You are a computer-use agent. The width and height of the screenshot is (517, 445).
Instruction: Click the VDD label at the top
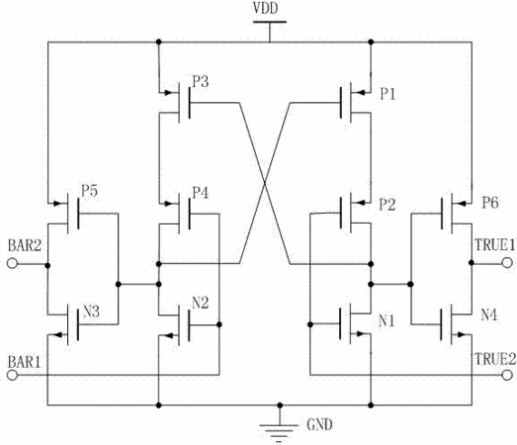266,8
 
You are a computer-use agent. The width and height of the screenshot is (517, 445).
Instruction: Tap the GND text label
319,424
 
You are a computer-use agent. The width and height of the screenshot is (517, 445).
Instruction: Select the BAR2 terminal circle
12,264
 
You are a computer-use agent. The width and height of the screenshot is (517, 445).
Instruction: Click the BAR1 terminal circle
12,375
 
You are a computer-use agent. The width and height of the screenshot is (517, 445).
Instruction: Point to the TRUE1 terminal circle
507,263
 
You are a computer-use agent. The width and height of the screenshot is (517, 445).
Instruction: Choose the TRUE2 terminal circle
507,375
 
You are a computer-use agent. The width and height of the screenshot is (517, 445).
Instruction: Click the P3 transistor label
201,81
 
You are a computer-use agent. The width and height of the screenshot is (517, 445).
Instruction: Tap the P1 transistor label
388,94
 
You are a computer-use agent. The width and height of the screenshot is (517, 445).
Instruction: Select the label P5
89,191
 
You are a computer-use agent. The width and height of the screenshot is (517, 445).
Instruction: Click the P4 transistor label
201,193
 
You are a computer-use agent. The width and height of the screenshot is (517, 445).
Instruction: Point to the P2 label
388,205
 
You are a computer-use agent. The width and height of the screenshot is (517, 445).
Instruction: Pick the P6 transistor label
490,203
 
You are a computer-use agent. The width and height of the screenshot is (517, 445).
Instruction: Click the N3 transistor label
91,311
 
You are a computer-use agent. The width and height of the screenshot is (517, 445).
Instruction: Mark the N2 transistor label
201,303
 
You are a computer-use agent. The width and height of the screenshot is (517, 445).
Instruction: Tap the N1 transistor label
387,320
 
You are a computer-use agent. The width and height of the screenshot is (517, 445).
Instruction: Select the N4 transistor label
489,314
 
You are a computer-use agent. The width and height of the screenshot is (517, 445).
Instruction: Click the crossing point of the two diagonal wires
265,183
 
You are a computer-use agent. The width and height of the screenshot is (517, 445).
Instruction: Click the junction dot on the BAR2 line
47,266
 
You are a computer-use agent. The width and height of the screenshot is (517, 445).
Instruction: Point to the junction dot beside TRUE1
472,263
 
